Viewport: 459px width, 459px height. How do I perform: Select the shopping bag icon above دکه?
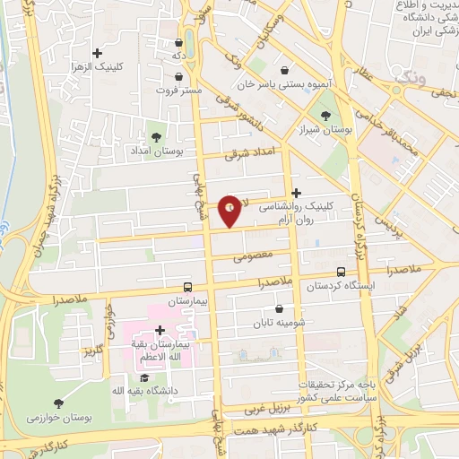179,42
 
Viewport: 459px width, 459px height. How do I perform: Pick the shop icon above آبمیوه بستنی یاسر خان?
285,71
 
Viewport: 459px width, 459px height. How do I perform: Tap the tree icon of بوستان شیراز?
325,115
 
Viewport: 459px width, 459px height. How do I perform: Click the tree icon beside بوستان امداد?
158,136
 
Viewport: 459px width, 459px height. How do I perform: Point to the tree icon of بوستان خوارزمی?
59,403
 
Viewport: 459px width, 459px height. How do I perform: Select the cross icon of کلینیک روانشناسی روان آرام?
297,191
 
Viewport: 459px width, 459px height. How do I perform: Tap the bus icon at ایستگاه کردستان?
341,272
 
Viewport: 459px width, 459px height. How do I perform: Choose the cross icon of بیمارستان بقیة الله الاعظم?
160,331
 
